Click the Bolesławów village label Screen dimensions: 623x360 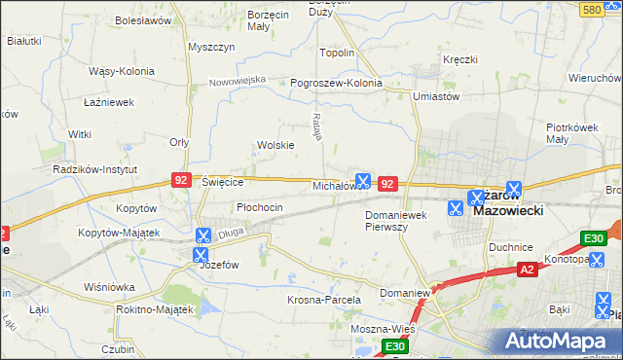(x=143, y=19)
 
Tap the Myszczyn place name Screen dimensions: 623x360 (x=211, y=47)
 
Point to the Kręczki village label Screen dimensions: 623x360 (x=459, y=59)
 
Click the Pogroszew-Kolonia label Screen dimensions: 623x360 (x=337, y=83)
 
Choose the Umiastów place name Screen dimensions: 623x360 (x=435, y=95)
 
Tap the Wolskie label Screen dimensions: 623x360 (x=275, y=145)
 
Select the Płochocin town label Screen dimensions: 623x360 (x=260, y=207)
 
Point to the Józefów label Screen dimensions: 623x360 (x=219, y=264)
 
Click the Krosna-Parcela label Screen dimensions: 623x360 (x=324, y=300)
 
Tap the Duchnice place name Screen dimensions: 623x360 (x=513, y=247)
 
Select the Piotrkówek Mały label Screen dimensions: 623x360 (x=570, y=133)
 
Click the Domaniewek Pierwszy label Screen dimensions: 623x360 (x=400, y=220)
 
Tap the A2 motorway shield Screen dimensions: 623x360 (x=527, y=269)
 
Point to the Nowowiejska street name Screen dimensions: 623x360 (x=238, y=81)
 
